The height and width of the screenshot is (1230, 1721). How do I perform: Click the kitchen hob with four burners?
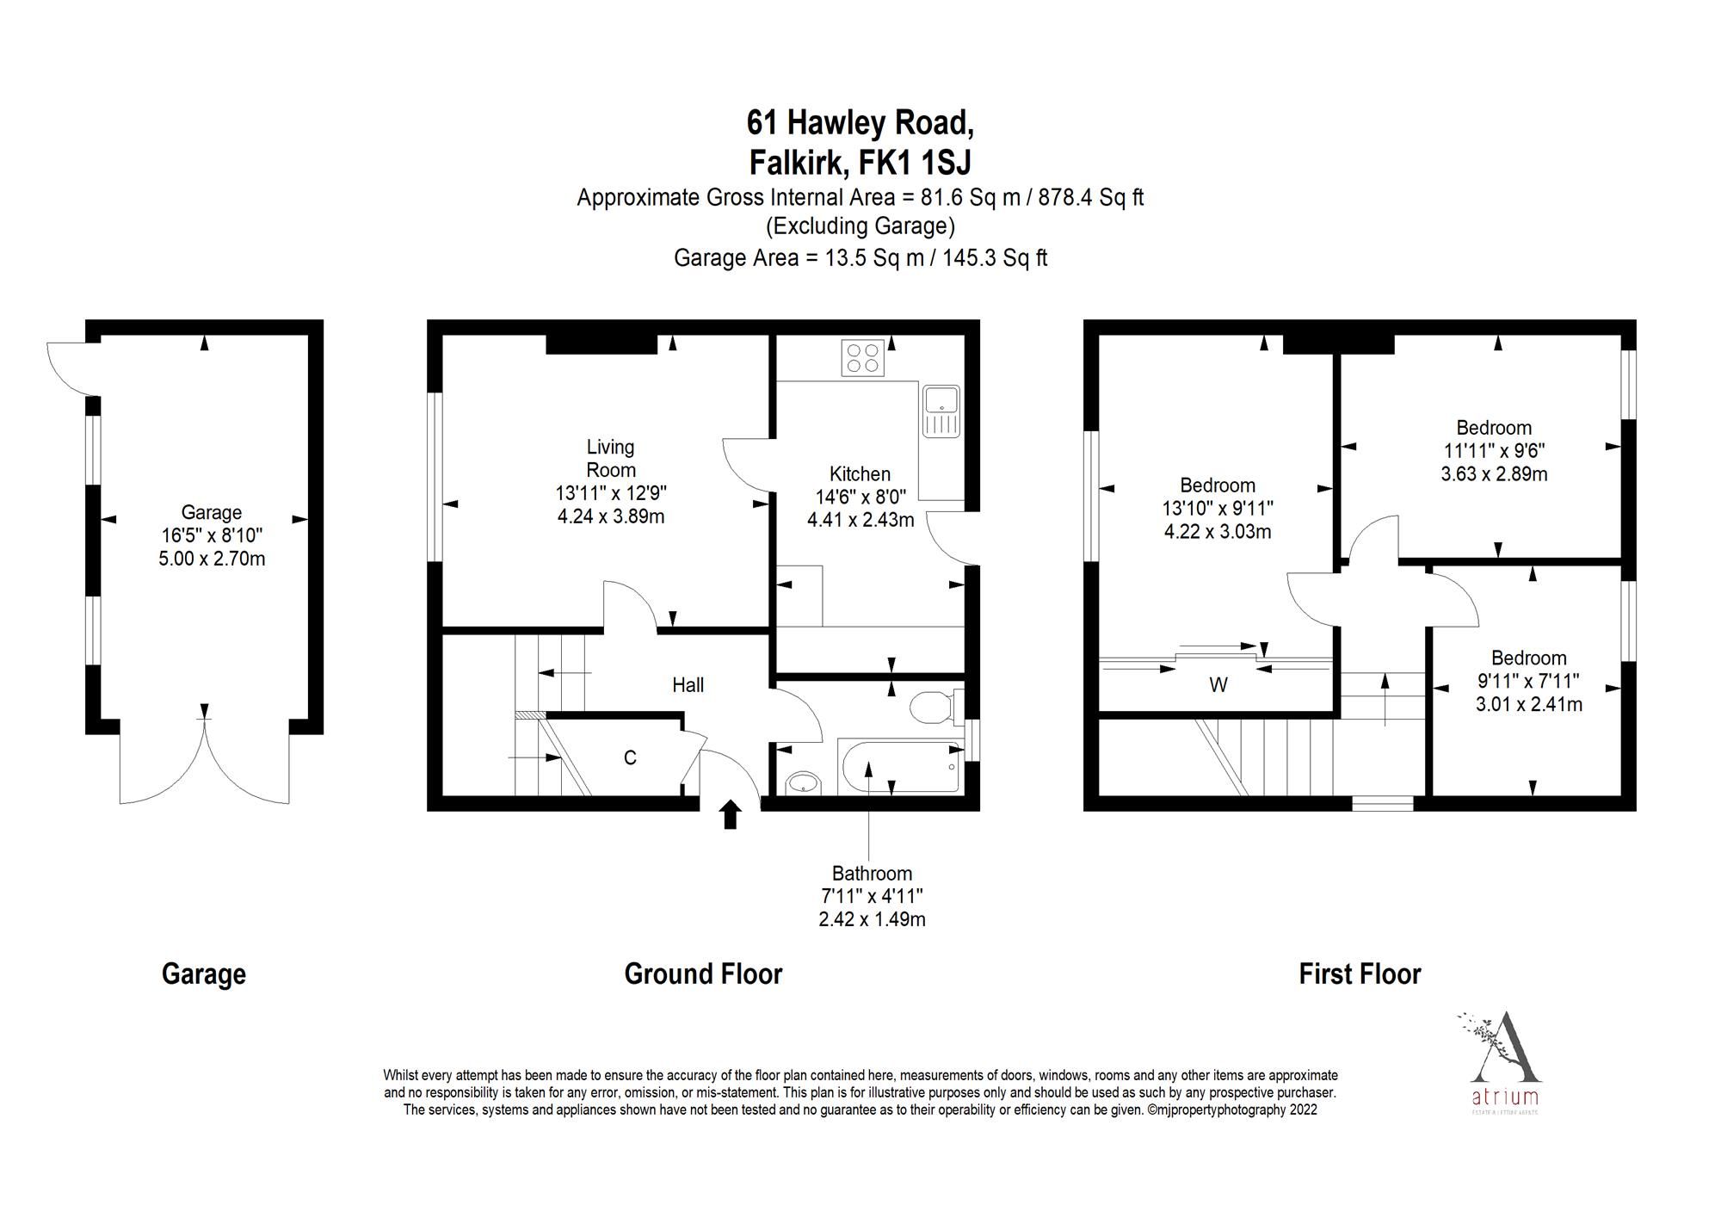click(x=863, y=358)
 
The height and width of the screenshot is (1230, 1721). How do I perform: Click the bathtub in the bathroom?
click(x=900, y=766)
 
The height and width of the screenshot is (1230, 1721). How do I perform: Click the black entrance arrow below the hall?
click(x=731, y=814)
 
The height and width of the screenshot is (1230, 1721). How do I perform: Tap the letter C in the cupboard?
click(x=630, y=757)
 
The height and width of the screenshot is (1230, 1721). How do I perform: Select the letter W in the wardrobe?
click(x=1218, y=685)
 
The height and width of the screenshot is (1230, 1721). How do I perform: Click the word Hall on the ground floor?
click(x=688, y=685)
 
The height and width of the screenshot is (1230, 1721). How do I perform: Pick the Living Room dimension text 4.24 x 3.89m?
click(x=610, y=516)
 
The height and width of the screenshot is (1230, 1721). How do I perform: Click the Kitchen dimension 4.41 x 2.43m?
click(x=860, y=520)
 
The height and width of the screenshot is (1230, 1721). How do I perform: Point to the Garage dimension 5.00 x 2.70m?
click(x=212, y=559)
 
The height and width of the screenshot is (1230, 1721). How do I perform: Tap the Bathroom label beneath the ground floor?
click(x=871, y=873)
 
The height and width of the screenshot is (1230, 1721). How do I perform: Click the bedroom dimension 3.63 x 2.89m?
click(x=1494, y=473)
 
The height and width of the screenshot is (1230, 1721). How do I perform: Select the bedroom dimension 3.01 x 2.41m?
click(x=1528, y=704)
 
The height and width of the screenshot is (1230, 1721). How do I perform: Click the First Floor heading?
click(x=1360, y=974)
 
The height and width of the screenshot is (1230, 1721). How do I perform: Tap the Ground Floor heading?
click(x=703, y=974)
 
